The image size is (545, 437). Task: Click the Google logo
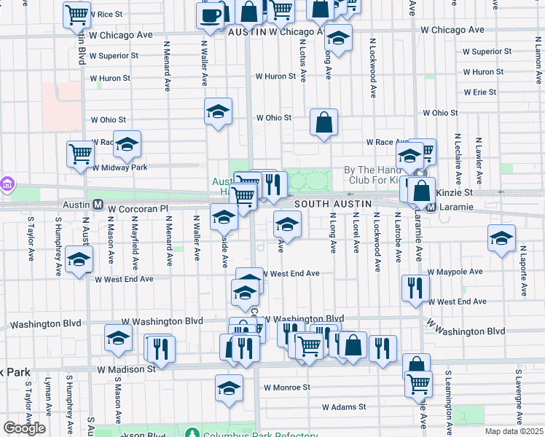(24, 428)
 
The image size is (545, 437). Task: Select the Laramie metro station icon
(431, 207)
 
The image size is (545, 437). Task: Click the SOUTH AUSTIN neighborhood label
(333, 203)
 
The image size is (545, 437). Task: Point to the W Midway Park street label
(119, 168)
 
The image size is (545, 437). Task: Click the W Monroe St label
(287, 387)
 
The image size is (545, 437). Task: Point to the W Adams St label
(345, 406)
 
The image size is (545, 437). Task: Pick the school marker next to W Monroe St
(229, 387)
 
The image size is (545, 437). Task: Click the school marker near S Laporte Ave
(501, 239)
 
